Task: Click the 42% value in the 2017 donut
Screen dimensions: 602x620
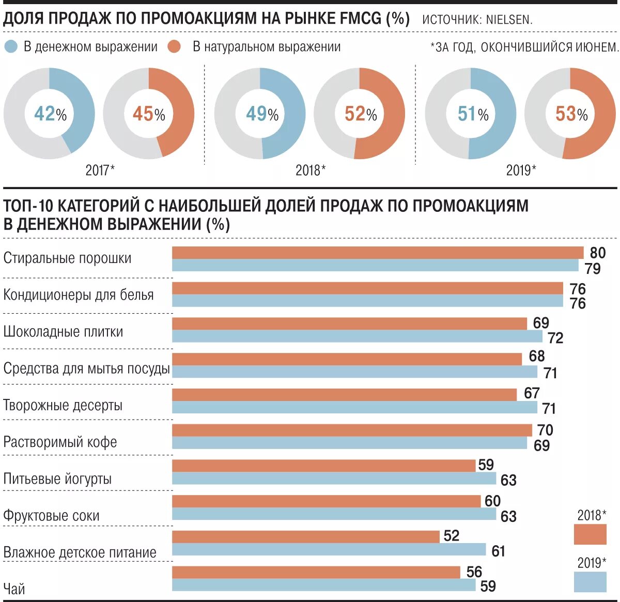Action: point(50,114)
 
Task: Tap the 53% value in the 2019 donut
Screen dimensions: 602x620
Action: point(571,114)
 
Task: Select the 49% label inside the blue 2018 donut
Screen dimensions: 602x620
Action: point(261,114)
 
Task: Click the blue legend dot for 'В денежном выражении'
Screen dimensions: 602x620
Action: point(11,47)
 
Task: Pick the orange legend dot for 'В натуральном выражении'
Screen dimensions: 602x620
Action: point(175,47)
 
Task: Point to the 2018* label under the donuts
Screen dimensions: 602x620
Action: point(311,170)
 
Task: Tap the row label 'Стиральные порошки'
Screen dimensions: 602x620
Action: point(68,258)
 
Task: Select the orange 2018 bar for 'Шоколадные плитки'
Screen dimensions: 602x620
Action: point(349,323)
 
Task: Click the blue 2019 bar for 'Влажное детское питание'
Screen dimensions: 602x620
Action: point(329,549)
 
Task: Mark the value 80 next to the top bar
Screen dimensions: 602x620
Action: point(597,253)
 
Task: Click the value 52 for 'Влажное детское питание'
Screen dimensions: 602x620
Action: point(451,535)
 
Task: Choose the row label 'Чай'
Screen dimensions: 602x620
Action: point(14,589)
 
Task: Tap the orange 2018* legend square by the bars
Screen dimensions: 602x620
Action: point(590,534)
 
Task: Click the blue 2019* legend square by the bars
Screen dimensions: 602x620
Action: point(590,582)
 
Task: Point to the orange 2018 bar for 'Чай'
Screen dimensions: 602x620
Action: point(316,572)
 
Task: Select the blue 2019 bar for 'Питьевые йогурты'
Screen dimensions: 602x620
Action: point(334,478)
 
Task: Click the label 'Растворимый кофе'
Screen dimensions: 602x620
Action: point(60,442)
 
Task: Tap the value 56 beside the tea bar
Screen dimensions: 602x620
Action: point(474,572)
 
